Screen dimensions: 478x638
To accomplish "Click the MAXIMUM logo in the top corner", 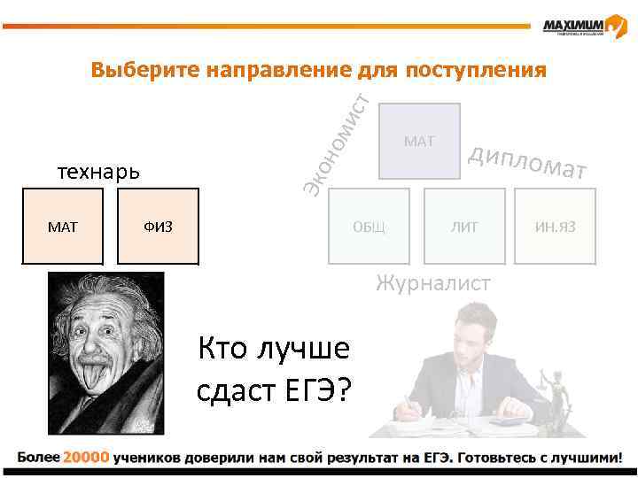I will pyautogui.click(x=585, y=27).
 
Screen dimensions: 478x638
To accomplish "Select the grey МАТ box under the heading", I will pyautogui.click(x=419, y=141).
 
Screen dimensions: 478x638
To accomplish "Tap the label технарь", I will pyautogui.click(x=97, y=171).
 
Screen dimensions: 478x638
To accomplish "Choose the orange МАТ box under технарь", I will pyautogui.click(x=63, y=227).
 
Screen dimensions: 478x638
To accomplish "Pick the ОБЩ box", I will pyautogui.click(x=369, y=227).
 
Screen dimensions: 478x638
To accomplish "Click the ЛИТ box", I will pyautogui.click(x=463, y=227).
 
